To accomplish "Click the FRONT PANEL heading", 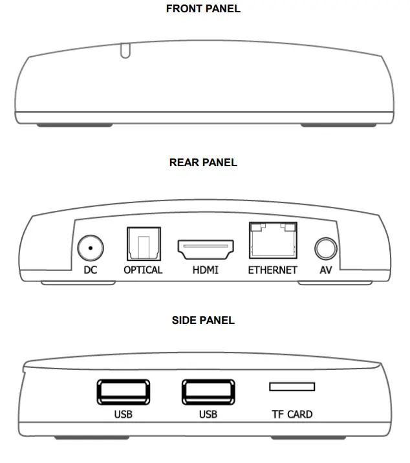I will point(203,9).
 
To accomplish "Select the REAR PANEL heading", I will point(203,162).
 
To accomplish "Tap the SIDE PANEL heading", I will point(203,320).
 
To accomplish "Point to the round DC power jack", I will point(90,247).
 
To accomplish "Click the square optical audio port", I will point(143,243).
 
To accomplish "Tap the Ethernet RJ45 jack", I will point(272,241).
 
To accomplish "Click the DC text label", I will point(91,270).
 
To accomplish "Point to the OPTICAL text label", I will point(143,270).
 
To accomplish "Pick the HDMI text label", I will point(206,270).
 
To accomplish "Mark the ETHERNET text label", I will point(272,270).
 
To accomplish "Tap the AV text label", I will point(325,270).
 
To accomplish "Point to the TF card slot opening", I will point(292,387).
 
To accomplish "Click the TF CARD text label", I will point(292,414).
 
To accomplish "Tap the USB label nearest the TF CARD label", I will point(208,414).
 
